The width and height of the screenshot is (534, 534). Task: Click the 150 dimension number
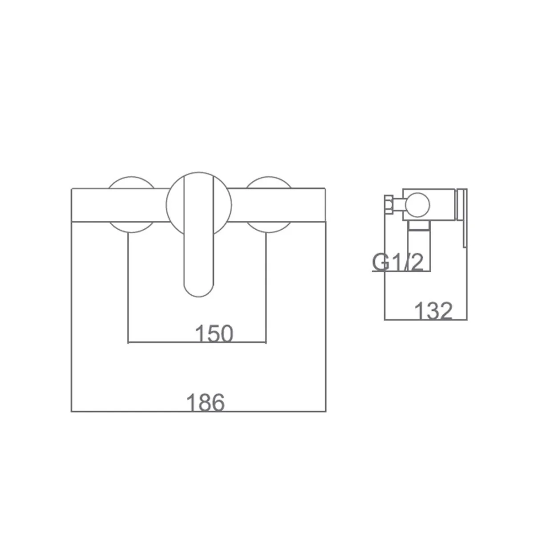(x=214, y=333)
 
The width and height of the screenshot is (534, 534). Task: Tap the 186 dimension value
(x=205, y=402)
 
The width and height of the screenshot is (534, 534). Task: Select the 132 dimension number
(x=433, y=311)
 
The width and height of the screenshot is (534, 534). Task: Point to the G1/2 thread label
(x=398, y=262)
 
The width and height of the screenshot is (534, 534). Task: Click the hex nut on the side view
(x=388, y=205)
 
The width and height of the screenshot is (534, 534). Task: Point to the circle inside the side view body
(x=417, y=205)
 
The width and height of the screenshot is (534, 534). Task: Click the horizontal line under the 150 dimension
(x=197, y=343)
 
